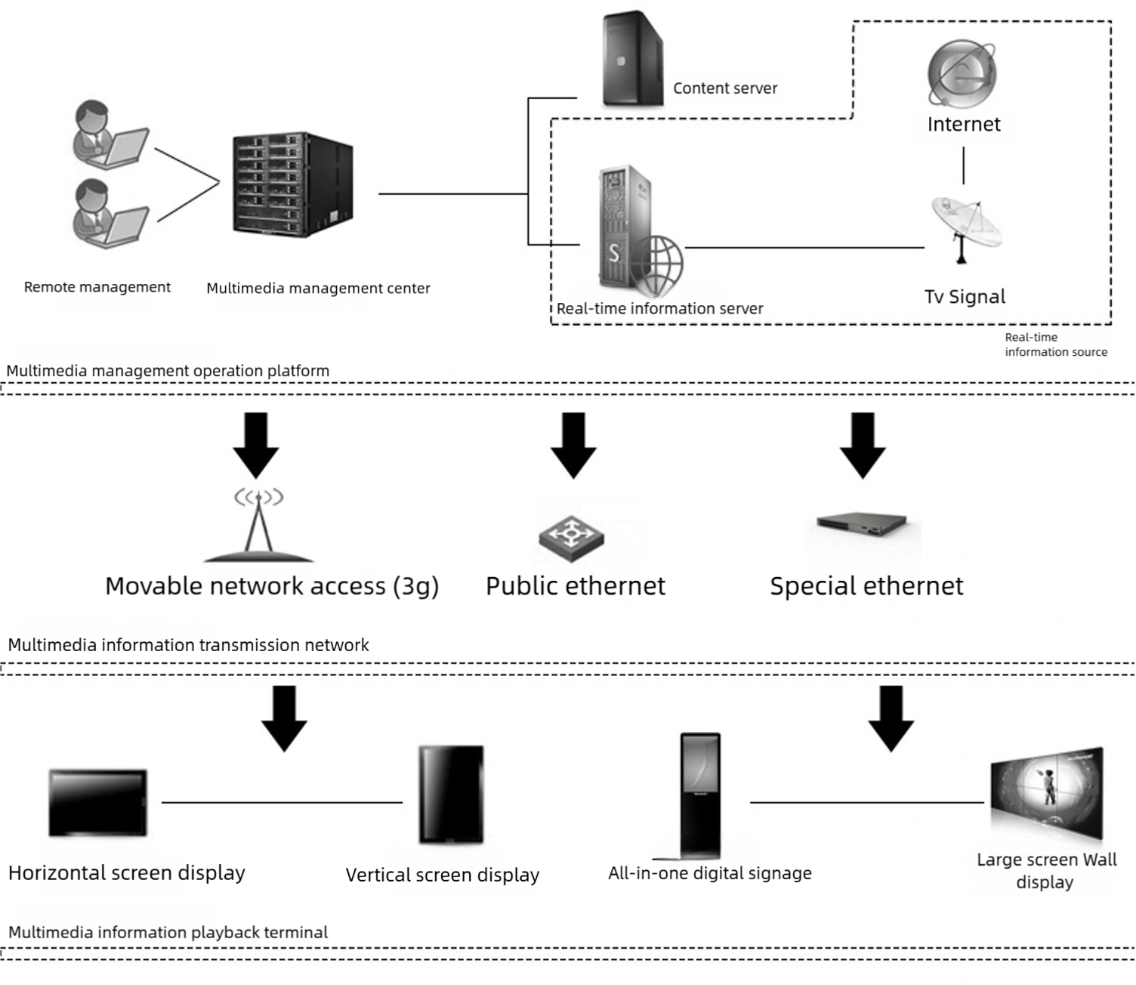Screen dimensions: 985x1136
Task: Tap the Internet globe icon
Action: coord(962,74)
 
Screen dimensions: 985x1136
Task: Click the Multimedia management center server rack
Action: coord(293,184)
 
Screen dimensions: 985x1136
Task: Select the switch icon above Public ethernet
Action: coord(572,538)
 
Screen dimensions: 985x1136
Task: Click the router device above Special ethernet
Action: coord(862,524)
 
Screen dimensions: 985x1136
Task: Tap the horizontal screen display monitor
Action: coord(97,802)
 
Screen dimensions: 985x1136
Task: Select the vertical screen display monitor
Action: coord(451,794)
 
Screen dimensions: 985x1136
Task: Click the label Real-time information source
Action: coord(1055,344)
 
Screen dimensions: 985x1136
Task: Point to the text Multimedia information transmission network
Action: coord(188,645)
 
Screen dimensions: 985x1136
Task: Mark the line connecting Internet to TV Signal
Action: coord(963,165)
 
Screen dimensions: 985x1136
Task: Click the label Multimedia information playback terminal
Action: coord(168,932)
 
